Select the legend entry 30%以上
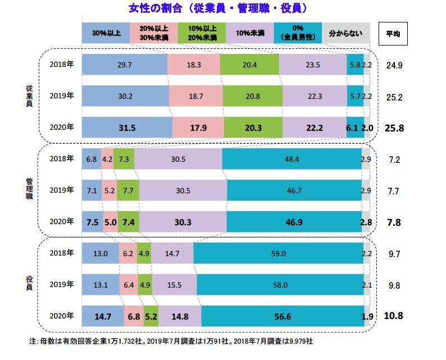point(106,33)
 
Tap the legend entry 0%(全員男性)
point(298,33)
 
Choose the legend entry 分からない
point(345,33)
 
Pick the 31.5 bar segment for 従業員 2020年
point(127,127)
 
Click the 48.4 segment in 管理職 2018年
point(292,160)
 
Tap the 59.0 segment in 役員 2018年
point(278,254)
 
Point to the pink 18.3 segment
point(194,65)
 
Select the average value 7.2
point(394,160)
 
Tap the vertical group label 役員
point(28,284)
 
